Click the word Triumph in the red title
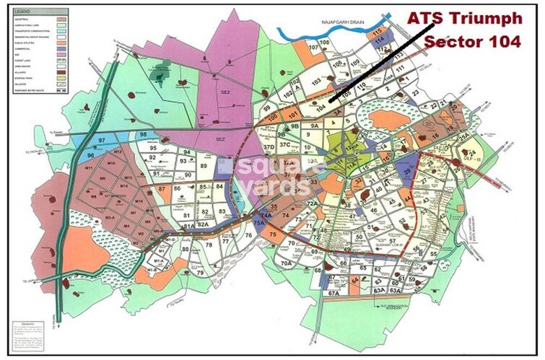point(479,18)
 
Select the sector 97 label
point(103,139)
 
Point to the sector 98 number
point(144,135)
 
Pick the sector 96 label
point(90,155)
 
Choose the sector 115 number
point(376,33)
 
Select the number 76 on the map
point(248,236)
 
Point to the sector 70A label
point(286,264)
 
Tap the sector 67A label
point(333,294)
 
